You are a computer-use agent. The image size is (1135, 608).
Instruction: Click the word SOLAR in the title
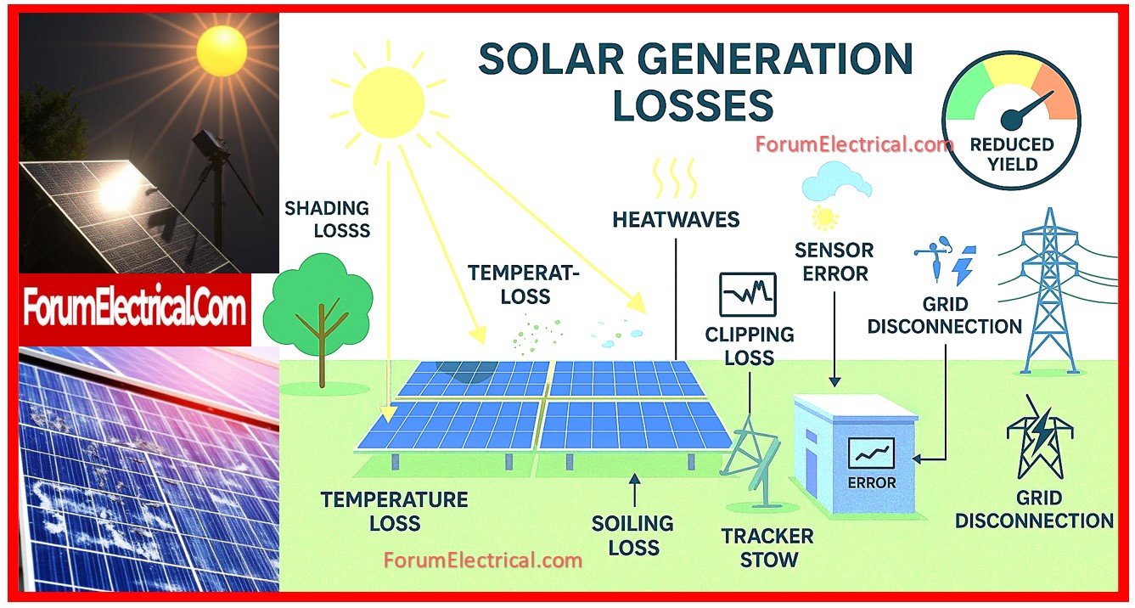(x=551, y=59)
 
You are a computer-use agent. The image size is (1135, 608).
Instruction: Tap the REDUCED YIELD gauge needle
(x=1029, y=110)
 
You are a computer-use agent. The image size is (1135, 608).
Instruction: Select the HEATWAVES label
(x=676, y=220)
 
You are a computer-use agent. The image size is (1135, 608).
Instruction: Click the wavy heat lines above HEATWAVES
(x=675, y=177)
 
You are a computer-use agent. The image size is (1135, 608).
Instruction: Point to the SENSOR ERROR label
(x=834, y=262)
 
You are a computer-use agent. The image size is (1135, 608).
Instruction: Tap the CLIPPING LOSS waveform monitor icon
(x=748, y=295)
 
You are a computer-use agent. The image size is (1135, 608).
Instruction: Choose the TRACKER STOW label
(x=768, y=548)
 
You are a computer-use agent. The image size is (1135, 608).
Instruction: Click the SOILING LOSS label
(x=632, y=536)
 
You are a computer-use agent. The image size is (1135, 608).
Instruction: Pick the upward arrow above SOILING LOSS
(x=634, y=490)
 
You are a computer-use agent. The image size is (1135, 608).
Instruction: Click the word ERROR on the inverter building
(x=872, y=483)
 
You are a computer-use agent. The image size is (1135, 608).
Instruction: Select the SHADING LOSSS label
(x=328, y=219)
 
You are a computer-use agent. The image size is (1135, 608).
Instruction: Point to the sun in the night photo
(x=222, y=51)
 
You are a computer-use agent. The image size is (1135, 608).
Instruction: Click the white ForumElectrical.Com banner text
(x=134, y=307)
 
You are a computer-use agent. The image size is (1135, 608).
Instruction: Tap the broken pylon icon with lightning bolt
(x=1040, y=437)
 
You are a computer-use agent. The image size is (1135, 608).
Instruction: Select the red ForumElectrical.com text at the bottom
(x=483, y=560)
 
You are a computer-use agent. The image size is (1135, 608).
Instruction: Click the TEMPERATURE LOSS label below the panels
(x=394, y=511)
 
